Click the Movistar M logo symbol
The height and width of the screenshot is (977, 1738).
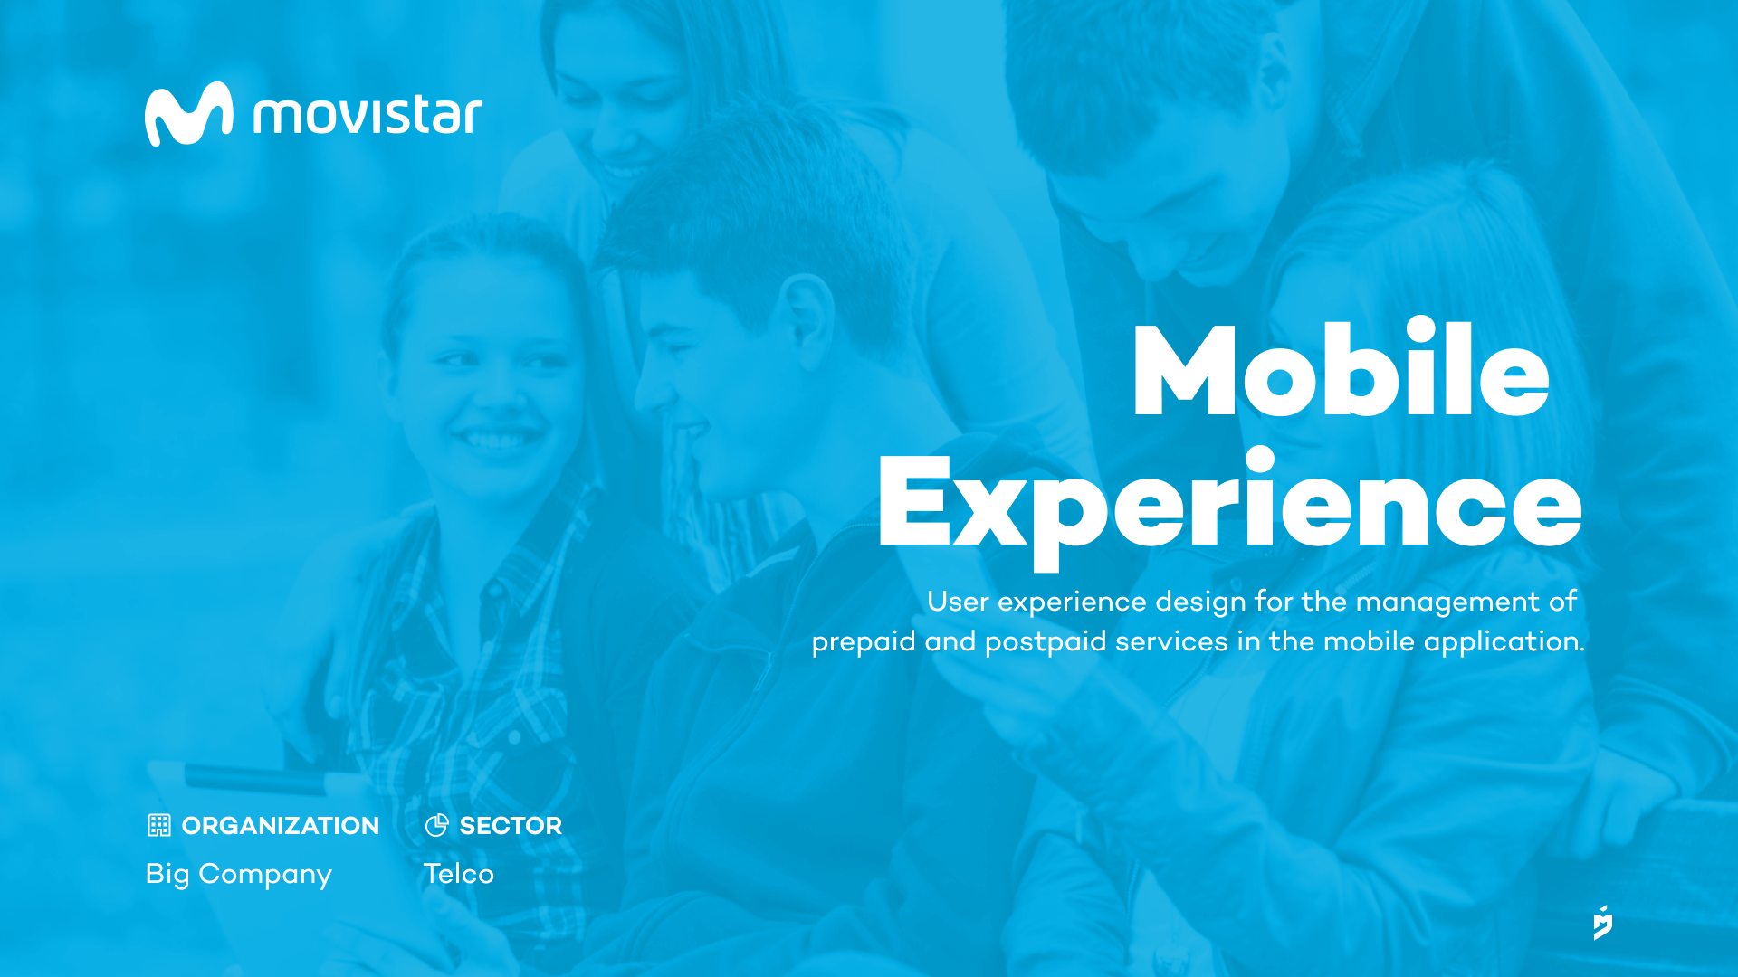(188, 114)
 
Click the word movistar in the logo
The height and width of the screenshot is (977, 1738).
(367, 115)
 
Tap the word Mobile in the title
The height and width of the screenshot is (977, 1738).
(1341, 368)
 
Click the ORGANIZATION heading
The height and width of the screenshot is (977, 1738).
(281, 826)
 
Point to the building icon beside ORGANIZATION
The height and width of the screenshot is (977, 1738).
(159, 825)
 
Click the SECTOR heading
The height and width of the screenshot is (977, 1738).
(511, 826)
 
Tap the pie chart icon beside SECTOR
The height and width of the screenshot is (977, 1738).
(437, 825)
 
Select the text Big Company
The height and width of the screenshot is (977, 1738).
(239, 875)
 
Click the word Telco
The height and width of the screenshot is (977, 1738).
(459, 874)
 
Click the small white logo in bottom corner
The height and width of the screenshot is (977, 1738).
(1603, 923)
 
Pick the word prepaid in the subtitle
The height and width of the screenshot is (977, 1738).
(864, 642)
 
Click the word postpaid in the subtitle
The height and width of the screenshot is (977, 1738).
(1046, 642)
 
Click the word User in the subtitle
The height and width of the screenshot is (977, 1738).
(958, 602)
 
